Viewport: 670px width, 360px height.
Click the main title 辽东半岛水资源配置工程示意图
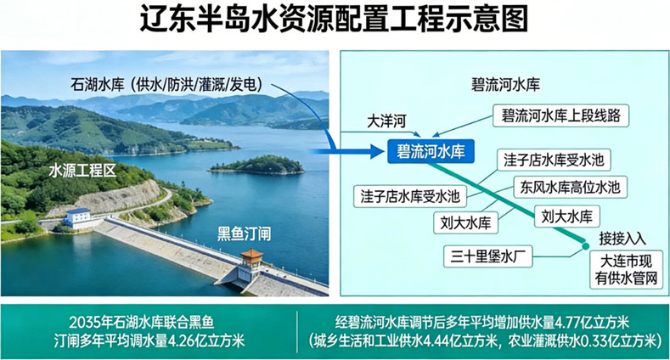(334, 20)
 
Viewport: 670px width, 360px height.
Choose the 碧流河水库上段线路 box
(560, 113)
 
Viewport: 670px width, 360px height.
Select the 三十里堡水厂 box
(491, 253)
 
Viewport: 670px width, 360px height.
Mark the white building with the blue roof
(78, 217)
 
